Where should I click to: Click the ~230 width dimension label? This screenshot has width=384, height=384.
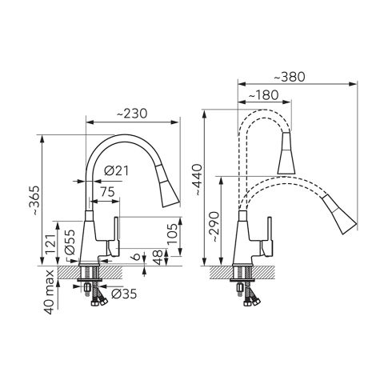[x=132, y=114]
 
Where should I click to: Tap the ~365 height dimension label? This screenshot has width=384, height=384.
[x=34, y=201]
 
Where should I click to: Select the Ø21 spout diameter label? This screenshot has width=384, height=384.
[x=116, y=170]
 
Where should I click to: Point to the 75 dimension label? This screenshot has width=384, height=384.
[x=108, y=192]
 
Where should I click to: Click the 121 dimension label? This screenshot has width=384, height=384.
[x=51, y=245]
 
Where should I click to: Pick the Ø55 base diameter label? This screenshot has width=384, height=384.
[x=70, y=242]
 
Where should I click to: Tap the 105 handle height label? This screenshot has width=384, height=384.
[x=172, y=234]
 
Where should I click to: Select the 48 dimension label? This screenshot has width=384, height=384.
[x=158, y=257]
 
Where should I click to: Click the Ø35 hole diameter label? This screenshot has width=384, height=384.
[x=124, y=294]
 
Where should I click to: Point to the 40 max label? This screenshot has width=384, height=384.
[x=50, y=292]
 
